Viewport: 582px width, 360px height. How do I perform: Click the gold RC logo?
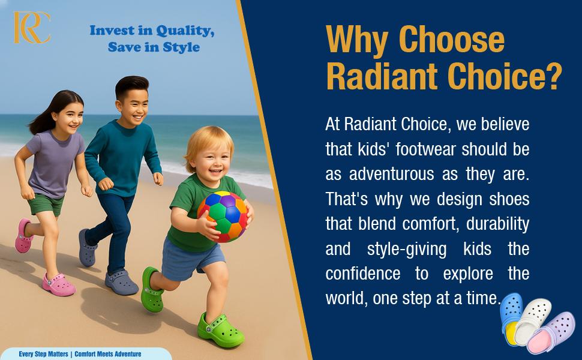tap(32, 28)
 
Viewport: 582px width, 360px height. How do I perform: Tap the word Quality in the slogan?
tap(185, 31)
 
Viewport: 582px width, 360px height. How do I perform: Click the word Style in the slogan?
tap(181, 47)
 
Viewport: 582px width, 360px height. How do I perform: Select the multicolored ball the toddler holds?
tap(223, 217)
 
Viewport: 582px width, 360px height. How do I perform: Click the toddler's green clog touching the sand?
tap(220, 331)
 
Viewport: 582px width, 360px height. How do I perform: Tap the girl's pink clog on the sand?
tap(59, 284)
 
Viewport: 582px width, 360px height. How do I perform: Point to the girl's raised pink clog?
tap(24, 236)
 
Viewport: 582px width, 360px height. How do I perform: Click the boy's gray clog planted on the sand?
tap(121, 282)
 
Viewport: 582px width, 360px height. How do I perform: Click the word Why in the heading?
tap(356, 41)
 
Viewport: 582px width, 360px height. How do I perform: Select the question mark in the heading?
tap(553, 76)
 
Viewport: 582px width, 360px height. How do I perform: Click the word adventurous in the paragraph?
tap(391, 174)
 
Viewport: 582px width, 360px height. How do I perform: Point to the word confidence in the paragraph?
tap(362, 274)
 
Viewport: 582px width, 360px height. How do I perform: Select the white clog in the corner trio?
tap(532, 322)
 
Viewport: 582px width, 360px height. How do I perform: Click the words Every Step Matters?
tap(43, 354)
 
